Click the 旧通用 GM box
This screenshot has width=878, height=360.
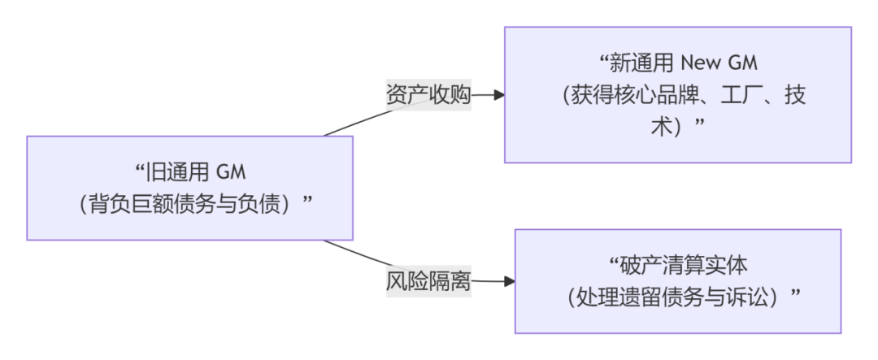tap(189, 188)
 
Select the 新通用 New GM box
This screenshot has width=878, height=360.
tap(677, 95)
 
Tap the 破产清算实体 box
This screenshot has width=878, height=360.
tap(677, 280)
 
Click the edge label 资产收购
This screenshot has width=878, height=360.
tap(428, 95)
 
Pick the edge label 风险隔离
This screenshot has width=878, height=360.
tap(428, 282)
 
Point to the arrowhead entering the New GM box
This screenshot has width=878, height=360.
tap(498, 95)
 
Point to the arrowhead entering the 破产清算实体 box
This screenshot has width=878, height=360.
tap(509, 282)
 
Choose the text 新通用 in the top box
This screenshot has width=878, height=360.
tap(643, 63)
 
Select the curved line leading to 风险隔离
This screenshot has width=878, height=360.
tap(354, 254)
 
